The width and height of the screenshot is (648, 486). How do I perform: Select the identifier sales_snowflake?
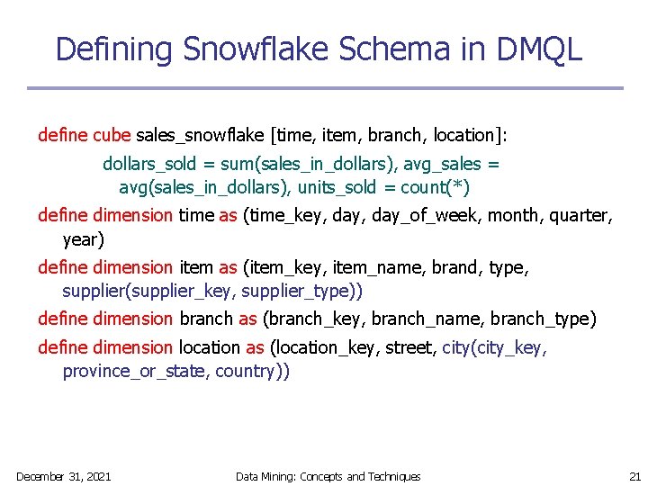point(200,136)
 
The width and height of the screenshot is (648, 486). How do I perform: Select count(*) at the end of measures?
point(435,188)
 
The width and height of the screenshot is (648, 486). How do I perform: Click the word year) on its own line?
point(83,240)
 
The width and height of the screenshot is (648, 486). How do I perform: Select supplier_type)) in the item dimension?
point(305,292)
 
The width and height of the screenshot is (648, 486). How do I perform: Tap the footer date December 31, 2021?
point(63,476)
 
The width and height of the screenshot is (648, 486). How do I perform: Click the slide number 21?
point(634,476)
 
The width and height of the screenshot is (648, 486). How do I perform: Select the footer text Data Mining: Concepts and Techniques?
point(328,476)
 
